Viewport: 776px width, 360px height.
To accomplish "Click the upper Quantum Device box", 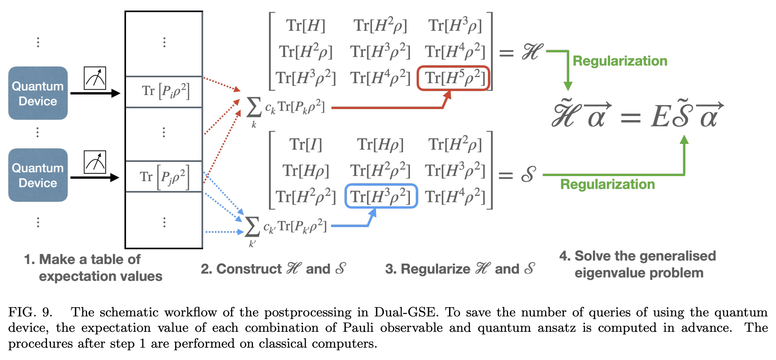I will point(38,93).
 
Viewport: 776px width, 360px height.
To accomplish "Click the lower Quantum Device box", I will point(38,175).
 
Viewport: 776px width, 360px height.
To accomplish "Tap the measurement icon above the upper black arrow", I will point(95,78).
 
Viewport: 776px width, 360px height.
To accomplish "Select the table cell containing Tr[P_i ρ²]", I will point(164,92).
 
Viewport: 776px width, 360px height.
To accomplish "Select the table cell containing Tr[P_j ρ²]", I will point(164,176).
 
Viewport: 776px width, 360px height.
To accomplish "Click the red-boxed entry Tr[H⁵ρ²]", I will point(453,78).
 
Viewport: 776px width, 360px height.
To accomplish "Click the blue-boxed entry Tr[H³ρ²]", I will point(381,196).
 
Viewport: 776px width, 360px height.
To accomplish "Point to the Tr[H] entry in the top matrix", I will point(305,26).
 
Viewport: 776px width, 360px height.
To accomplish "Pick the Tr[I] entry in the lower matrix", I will point(305,144).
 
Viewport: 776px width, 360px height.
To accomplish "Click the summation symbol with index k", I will point(253,107).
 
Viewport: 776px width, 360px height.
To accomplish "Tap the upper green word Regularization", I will point(619,61).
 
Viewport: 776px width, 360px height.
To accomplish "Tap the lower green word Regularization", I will point(607,184).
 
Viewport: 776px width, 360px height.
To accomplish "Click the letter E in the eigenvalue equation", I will point(660,117).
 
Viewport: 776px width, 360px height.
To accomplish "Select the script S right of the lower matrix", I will point(528,175).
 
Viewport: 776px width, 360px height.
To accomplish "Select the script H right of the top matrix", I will point(532,52).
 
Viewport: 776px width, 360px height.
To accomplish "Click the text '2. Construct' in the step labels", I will point(241,269).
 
